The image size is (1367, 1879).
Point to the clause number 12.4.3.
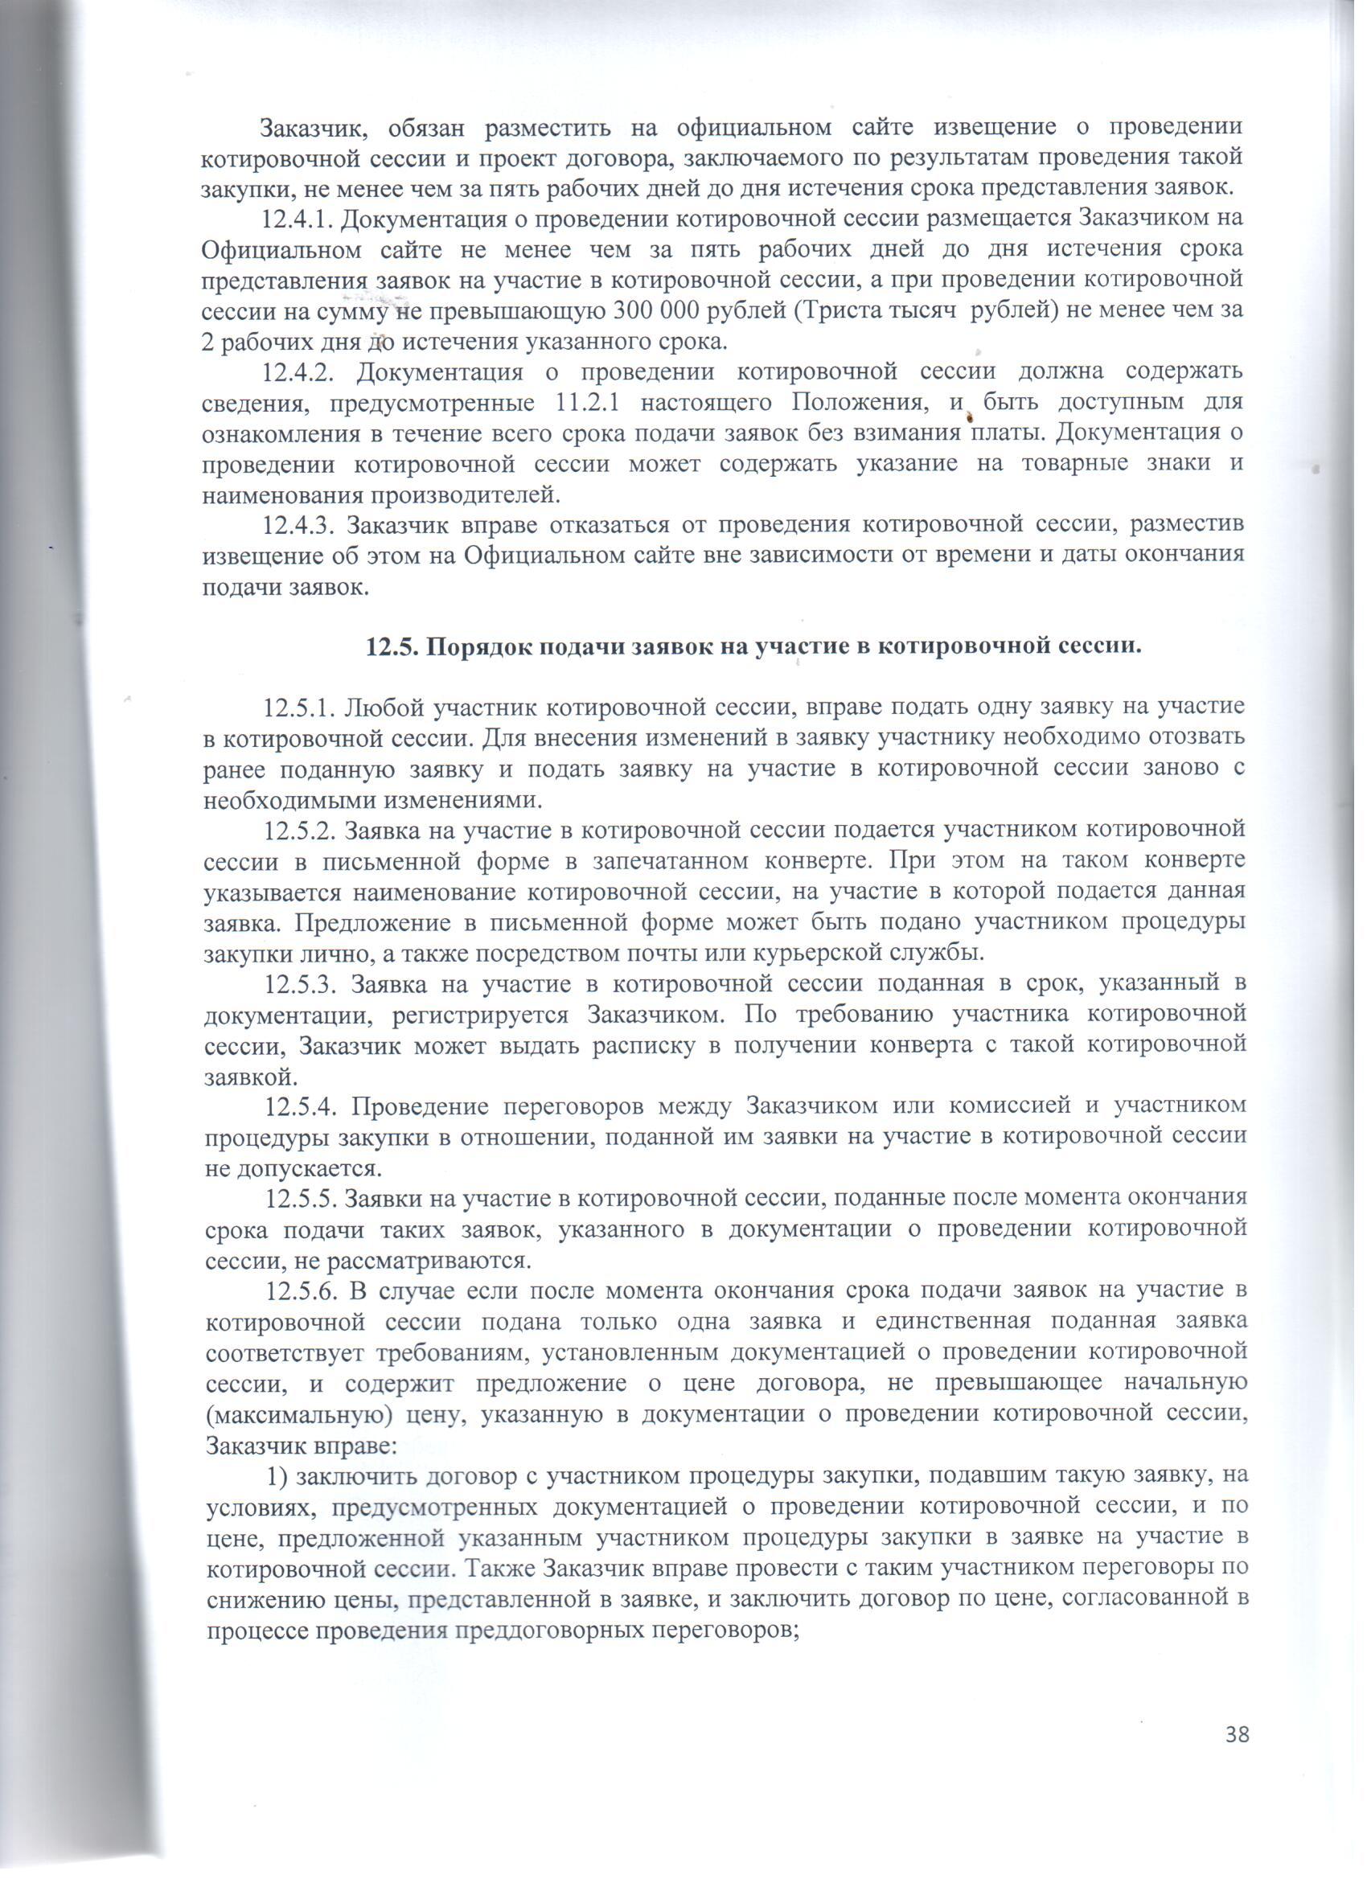pos(298,526)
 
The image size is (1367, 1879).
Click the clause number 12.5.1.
pos(298,708)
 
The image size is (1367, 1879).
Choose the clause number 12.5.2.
pos(298,829)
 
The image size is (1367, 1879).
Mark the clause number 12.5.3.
pos(298,984)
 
